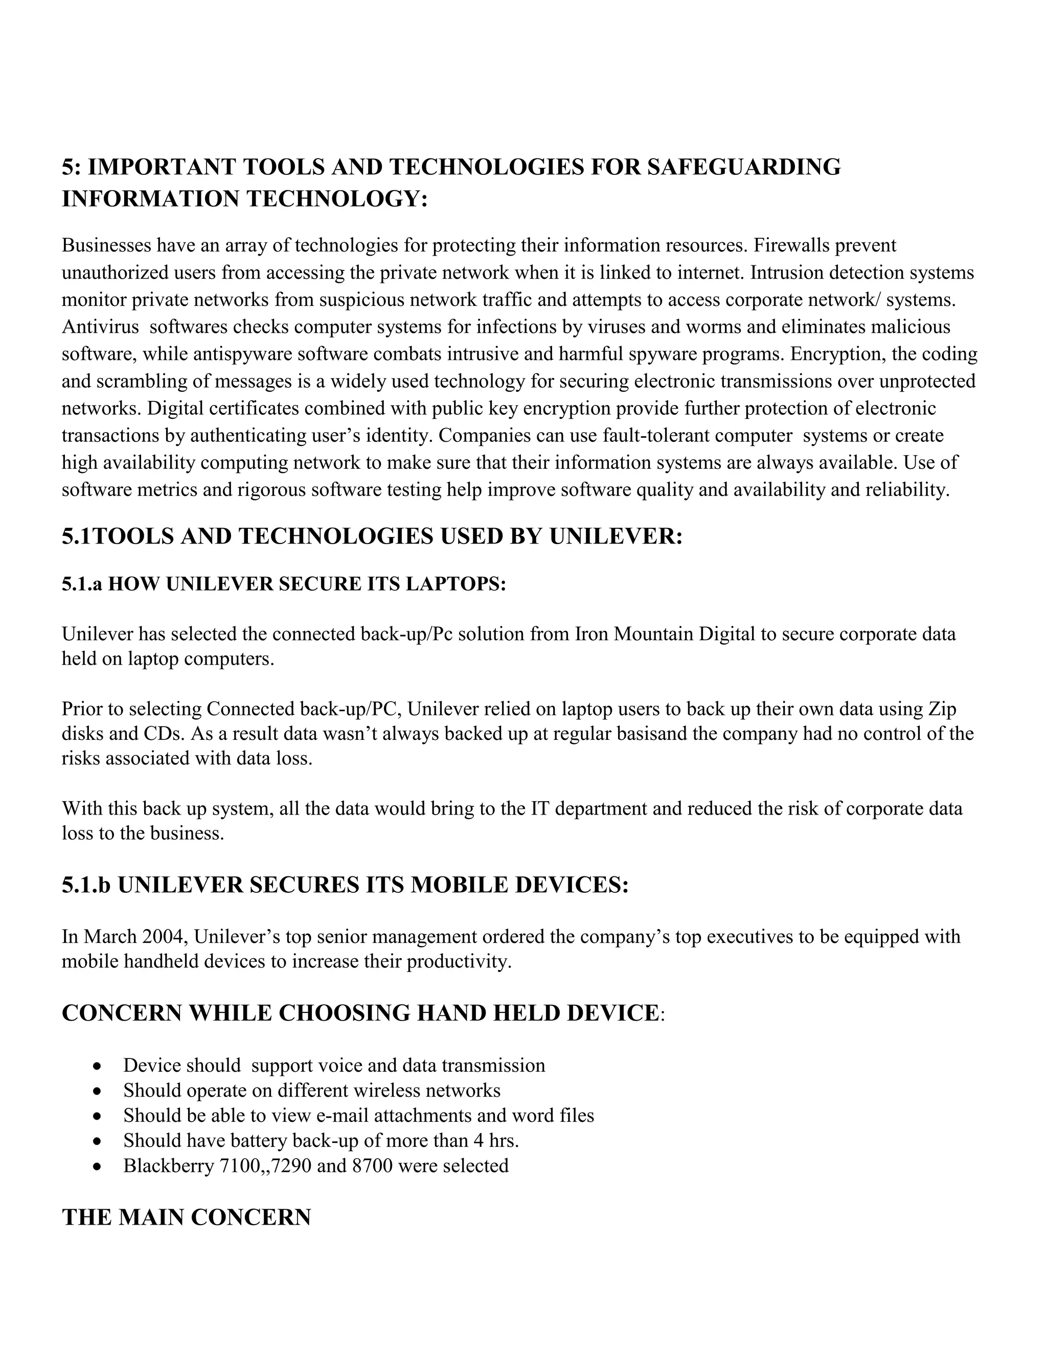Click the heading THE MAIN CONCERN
pyautogui.click(x=186, y=1217)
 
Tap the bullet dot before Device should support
pyautogui.click(x=96, y=1067)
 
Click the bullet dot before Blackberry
pyautogui.click(x=96, y=1167)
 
